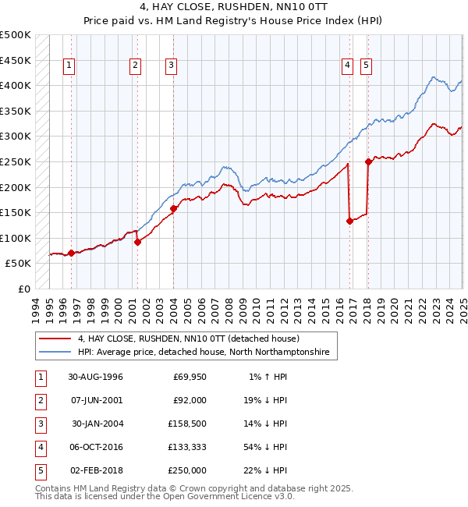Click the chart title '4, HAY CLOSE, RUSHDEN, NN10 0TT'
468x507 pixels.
click(x=233, y=7)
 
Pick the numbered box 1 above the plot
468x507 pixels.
click(x=70, y=66)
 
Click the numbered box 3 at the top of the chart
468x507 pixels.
click(x=170, y=66)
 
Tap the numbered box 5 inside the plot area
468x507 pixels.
click(x=366, y=66)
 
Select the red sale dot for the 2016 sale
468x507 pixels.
click(x=349, y=221)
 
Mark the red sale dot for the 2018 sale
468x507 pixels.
click(x=368, y=162)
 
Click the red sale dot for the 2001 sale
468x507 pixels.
click(x=137, y=242)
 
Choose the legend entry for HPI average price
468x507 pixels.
click(x=204, y=353)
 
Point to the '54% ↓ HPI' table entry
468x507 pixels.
click(x=264, y=448)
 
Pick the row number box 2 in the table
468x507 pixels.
click(x=40, y=401)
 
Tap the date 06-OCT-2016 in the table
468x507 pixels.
click(x=95, y=448)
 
